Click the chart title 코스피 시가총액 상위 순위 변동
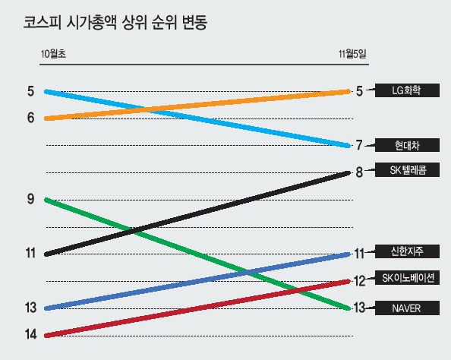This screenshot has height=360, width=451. [115, 22]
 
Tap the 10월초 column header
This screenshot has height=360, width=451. [53, 54]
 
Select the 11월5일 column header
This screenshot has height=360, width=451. [352, 54]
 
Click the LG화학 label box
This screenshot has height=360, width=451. [407, 90]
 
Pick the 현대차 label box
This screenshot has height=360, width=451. [407, 145]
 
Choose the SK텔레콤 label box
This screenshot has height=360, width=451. [407, 170]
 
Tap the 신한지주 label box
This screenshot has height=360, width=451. [407, 251]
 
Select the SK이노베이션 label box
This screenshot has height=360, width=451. [407, 278]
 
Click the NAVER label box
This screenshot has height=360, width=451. [407, 308]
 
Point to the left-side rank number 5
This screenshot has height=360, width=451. [31, 91]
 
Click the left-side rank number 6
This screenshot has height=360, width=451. [31, 118]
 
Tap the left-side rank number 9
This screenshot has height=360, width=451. [31, 199]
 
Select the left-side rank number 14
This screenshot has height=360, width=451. [31, 334]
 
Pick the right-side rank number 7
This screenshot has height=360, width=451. [359, 145]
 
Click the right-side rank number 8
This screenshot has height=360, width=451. [359, 172]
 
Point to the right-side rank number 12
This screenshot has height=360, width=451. [359, 281]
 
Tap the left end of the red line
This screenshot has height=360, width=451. [46, 336]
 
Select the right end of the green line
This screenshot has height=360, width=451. [348, 308]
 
